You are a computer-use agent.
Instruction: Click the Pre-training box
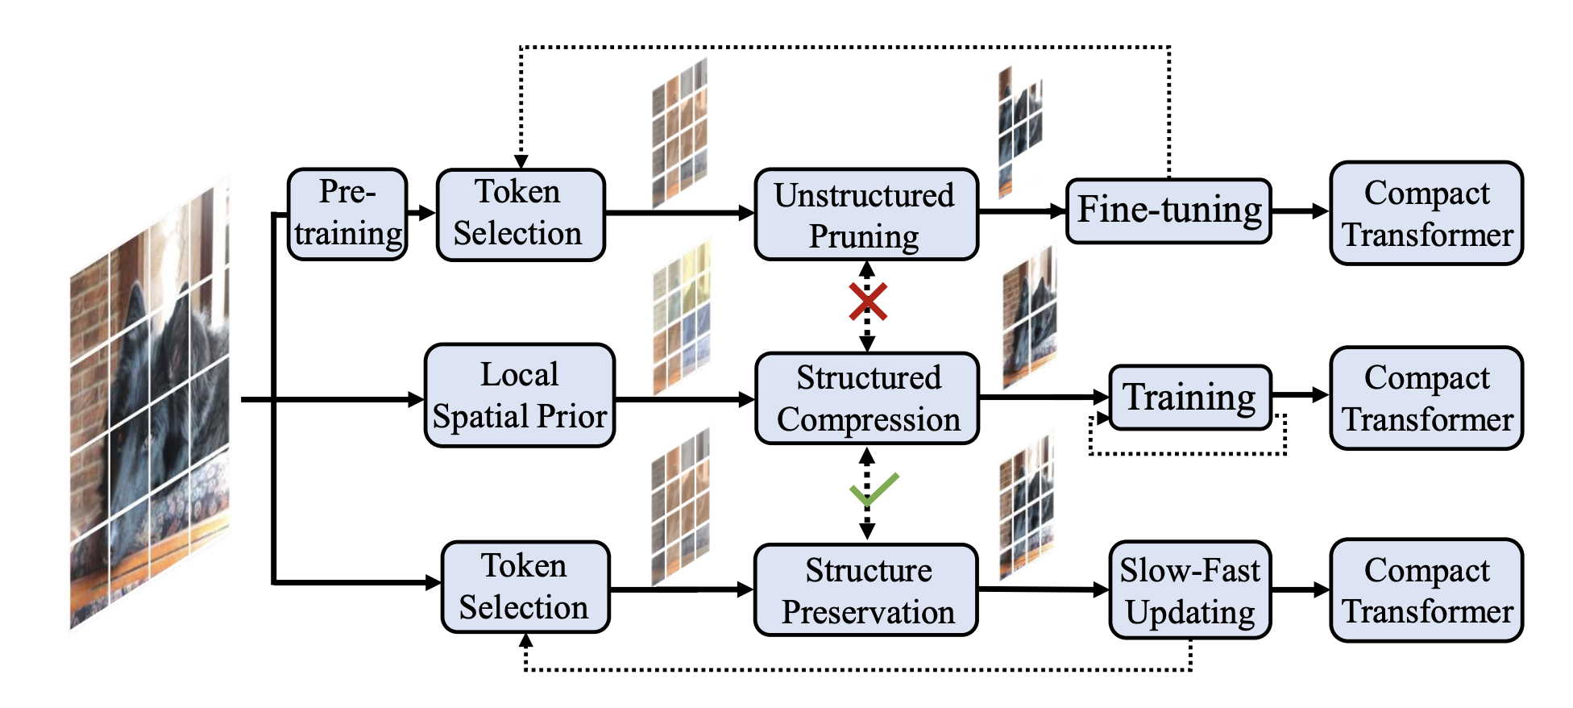click(347, 214)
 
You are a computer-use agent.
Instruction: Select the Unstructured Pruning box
click(866, 214)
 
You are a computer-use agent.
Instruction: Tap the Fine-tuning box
click(1168, 211)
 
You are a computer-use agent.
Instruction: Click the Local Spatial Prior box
click(520, 396)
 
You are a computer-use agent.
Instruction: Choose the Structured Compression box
click(867, 398)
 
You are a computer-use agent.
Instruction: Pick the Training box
click(1190, 397)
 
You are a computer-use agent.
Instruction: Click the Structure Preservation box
click(866, 590)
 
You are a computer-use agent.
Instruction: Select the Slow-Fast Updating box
click(1190, 590)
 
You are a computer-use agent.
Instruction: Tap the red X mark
click(868, 302)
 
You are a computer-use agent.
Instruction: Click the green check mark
click(874, 489)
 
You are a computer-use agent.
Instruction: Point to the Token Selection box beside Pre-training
click(521, 214)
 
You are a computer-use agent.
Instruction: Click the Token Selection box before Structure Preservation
click(525, 587)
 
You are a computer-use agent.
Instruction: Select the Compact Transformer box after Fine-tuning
click(1426, 213)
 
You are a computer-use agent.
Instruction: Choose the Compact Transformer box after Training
click(1426, 398)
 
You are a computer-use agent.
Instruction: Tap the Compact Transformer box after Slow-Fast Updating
click(1426, 590)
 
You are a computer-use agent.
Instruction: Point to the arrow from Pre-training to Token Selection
click(421, 214)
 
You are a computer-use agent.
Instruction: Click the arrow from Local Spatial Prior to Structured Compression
click(685, 399)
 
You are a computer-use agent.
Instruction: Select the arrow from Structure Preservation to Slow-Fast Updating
click(1044, 590)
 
